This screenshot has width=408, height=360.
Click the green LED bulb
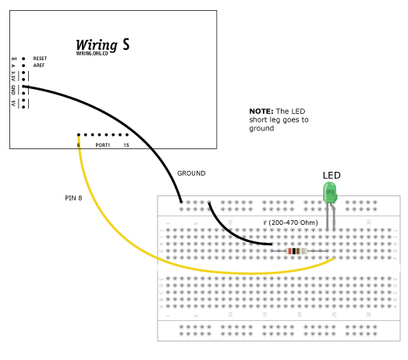click(331, 193)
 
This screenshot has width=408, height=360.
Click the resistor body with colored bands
click(296, 251)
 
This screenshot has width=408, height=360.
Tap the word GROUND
click(191, 173)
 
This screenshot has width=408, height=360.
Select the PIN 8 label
click(75, 198)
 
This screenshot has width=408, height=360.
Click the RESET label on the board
click(41, 59)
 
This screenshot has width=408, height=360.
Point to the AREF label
click(39, 66)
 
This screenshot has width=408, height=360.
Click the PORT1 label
click(102, 145)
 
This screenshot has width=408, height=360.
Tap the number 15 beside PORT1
click(126, 145)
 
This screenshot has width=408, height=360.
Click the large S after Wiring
click(126, 45)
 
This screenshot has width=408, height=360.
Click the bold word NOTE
click(260, 112)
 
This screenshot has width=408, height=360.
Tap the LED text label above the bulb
click(332, 176)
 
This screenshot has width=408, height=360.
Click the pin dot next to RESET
click(25, 59)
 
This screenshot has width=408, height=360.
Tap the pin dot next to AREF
click(25, 66)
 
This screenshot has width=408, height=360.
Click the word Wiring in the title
click(96, 44)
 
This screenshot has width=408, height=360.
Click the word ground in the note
click(262, 129)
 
